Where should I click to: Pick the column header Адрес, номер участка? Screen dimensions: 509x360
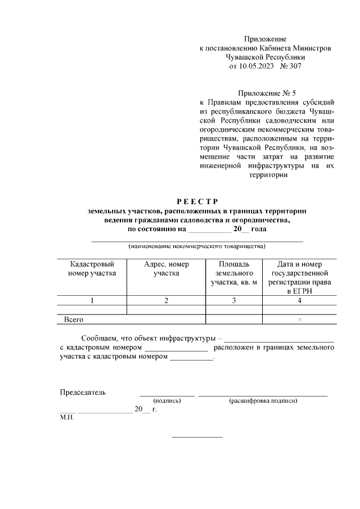(x=166, y=269)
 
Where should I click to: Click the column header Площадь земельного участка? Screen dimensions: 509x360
(x=234, y=273)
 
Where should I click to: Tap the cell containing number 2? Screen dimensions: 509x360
(x=166, y=301)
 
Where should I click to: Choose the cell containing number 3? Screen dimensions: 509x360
(x=234, y=301)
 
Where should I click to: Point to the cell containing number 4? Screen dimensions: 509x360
(x=299, y=301)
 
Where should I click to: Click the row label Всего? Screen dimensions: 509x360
(x=74, y=319)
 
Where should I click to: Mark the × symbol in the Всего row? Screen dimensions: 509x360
(x=299, y=319)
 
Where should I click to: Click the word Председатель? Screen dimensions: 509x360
(x=83, y=393)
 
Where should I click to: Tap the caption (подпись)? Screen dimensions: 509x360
(x=167, y=401)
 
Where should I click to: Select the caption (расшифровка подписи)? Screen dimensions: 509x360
(x=263, y=401)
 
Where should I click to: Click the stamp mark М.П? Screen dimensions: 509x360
(x=66, y=418)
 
